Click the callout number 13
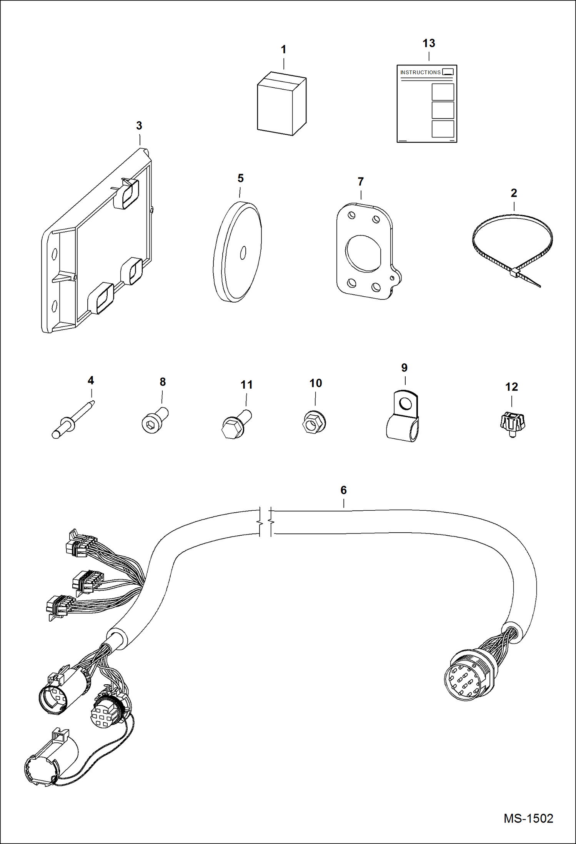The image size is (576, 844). tap(429, 43)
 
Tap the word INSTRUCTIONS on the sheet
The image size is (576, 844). tap(420, 72)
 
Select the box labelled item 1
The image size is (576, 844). tap(281, 104)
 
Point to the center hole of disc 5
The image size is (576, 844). tap(243, 253)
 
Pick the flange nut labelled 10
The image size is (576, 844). tap(314, 423)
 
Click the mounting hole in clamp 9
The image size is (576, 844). tap(405, 404)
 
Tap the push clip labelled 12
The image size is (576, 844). tap(512, 423)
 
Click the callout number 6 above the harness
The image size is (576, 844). tap(343, 490)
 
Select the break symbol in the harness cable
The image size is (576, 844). tap(265, 522)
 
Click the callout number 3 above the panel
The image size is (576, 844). tap(139, 125)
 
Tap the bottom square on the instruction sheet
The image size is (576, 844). tap(443, 129)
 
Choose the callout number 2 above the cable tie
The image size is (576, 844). tap(513, 193)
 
